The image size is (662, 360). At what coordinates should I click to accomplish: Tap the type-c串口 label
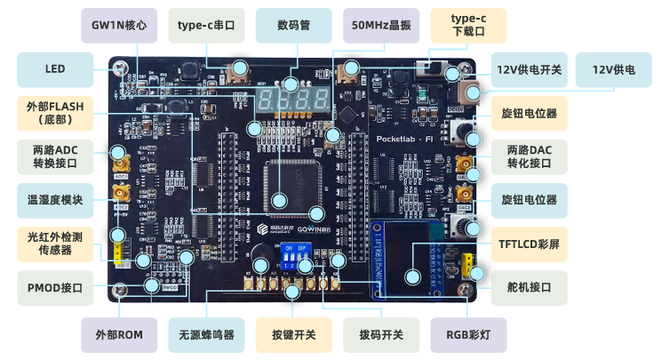coord(206,26)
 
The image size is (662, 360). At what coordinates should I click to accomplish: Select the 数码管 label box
coord(293,26)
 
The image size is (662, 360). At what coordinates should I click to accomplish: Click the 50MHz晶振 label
coord(380,26)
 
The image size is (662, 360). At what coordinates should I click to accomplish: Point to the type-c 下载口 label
coord(468,26)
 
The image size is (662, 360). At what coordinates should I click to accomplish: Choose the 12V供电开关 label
coord(529,69)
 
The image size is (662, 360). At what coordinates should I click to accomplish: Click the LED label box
coord(55,69)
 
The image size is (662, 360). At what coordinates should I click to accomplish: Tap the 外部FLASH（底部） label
coord(55,113)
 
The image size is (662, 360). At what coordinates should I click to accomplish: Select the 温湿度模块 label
coord(55,200)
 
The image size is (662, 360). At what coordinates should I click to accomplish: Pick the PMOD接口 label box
coord(55,287)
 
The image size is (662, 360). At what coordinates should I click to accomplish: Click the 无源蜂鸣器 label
coord(206,335)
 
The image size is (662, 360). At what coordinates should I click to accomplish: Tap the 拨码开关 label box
coord(380,335)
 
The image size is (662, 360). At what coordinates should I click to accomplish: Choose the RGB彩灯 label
coord(468,335)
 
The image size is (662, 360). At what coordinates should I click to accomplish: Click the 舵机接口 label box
coord(529,287)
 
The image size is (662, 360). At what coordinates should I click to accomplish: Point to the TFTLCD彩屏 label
coord(529,244)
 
